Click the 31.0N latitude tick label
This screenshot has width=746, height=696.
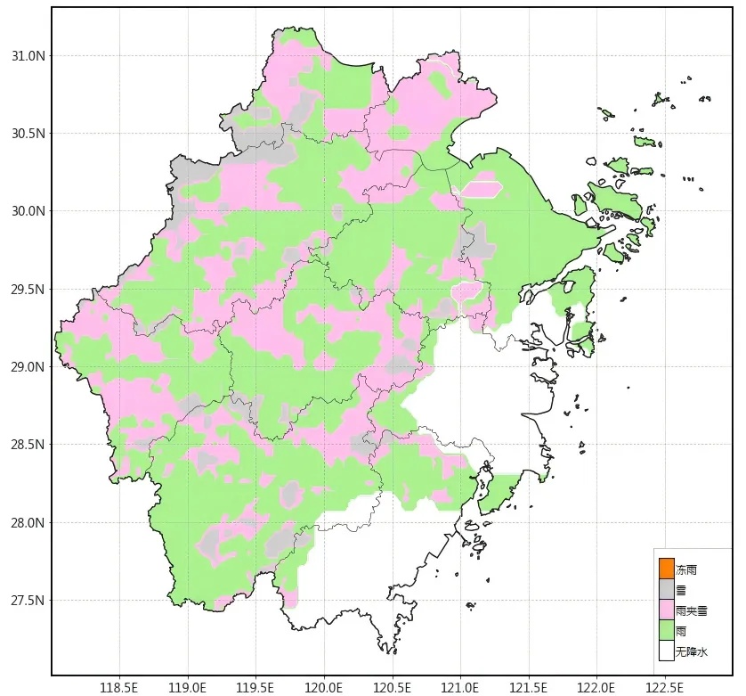tap(28, 56)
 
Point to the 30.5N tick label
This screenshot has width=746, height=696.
tap(28, 134)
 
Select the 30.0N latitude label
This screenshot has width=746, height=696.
tap(28, 211)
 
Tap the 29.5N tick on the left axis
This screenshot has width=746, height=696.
tap(28, 290)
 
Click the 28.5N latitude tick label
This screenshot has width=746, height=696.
tap(28, 445)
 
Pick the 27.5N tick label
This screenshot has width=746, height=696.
tap(28, 601)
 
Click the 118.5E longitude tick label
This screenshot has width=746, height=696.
tap(119, 687)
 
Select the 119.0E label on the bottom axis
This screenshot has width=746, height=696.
tap(188, 687)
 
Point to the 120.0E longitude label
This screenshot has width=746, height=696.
tap(324, 687)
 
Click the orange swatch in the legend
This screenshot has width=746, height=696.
tap(666, 569)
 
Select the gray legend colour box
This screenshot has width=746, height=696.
tap(666, 589)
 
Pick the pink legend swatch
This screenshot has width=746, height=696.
tap(666, 610)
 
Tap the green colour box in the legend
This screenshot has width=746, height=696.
tap(666, 630)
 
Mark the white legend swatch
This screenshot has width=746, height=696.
tap(666, 651)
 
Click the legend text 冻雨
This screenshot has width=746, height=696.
tap(686, 569)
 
